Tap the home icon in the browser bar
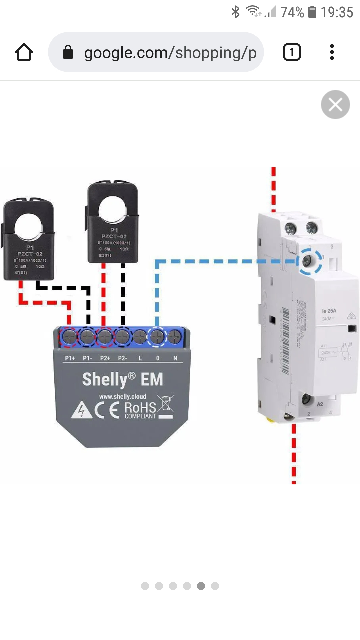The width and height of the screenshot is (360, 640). click(24, 52)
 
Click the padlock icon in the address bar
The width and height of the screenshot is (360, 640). click(68, 52)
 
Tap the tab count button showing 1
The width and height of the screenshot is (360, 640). click(292, 52)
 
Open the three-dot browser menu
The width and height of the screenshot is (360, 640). click(332, 52)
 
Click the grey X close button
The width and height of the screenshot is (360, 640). click(335, 105)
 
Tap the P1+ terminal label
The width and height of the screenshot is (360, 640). click(70, 358)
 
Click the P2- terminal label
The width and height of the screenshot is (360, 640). click(122, 358)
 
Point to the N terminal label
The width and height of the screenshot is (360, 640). click(175, 358)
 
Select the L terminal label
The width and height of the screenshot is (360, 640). click(140, 358)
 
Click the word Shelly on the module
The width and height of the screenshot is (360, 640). click(105, 379)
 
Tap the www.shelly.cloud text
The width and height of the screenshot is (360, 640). click(123, 397)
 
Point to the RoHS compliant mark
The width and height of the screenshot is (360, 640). click(140, 410)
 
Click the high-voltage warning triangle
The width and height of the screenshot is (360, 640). click(82, 411)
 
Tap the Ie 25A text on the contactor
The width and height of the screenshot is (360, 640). click(329, 311)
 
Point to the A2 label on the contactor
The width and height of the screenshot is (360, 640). click(320, 404)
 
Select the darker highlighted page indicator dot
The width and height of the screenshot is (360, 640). click(201, 586)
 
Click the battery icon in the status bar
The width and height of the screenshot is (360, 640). click(312, 12)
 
